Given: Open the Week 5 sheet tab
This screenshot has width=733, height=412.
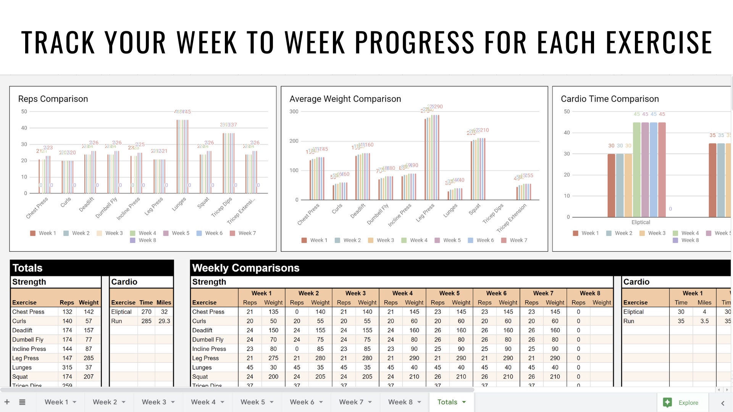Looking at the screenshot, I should pyautogui.click(x=252, y=402).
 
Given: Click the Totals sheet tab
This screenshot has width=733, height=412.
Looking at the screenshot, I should pyautogui.click(x=447, y=402).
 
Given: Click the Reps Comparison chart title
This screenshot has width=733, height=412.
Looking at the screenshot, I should pyautogui.click(x=53, y=99).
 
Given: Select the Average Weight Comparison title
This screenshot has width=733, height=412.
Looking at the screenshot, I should pyautogui.click(x=345, y=99).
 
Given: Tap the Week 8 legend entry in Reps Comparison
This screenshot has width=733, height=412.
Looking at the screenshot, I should pyautogui.click(x=147, y=240).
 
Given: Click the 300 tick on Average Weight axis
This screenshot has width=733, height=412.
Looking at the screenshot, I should pyautogui.click(x=294, y=111).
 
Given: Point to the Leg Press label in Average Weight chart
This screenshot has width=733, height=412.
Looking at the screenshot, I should pyautogui.click(x=425, y=212).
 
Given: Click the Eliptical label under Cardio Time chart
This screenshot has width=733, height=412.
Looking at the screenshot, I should pyautogui.click(x=641, y=222).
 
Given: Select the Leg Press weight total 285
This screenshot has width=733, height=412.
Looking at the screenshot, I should pyautogui.click(x=89, y=358).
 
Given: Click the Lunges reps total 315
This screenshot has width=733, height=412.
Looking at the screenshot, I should pyautogui.click(x=67, y=367).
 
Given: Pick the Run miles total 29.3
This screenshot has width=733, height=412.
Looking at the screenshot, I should pyautogui.click(x=164, y=321).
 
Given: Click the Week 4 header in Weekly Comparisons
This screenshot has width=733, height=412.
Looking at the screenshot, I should pyautogui.click(x=402, y=293).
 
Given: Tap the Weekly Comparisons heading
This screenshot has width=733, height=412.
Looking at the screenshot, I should pyautogui.click(x=245, y=268).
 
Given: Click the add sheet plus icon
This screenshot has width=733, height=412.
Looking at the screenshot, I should pyautogui.click(x=7, y=402).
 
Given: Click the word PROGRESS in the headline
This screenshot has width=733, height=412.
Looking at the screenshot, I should pyautogui.click(x=415, y=42).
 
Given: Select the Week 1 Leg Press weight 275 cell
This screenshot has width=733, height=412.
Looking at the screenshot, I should pyautogui.click(x=273, y=358).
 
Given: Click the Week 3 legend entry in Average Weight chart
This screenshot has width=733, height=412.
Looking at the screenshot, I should pyautogui.click(x=385, y=240).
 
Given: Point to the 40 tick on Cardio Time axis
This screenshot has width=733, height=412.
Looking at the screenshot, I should pyautogui.click(x=567, y=133).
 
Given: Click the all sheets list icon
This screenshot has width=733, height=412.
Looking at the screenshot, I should pyautogui.click(x=22, y=402).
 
